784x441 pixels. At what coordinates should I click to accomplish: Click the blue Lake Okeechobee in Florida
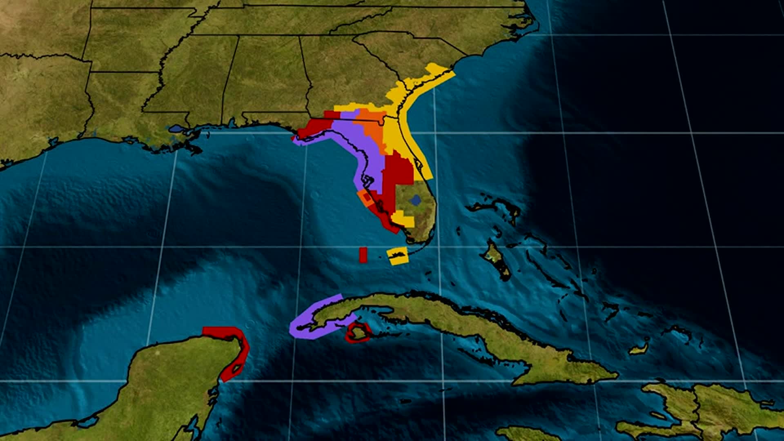416,200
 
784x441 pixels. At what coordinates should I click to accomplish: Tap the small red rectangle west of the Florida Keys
363,255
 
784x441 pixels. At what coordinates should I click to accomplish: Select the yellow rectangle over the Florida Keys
397,256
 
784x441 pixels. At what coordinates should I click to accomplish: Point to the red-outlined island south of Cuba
358,332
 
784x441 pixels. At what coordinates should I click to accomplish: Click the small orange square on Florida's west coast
365,198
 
